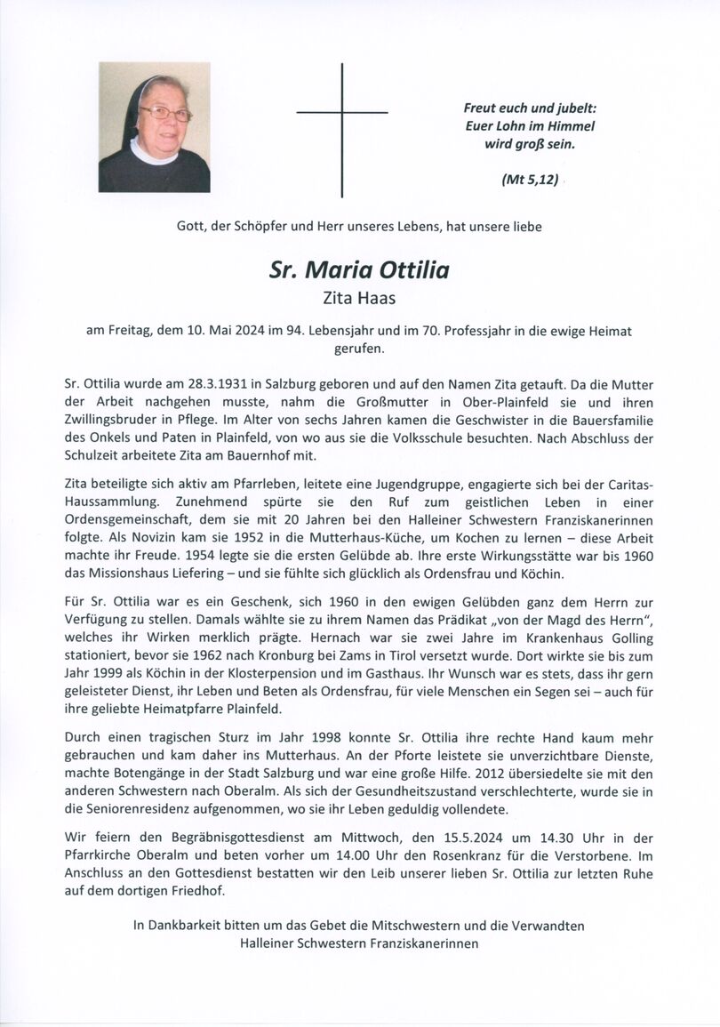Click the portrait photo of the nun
155,127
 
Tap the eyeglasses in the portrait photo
164,113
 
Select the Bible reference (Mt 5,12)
531,180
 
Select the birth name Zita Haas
359,300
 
